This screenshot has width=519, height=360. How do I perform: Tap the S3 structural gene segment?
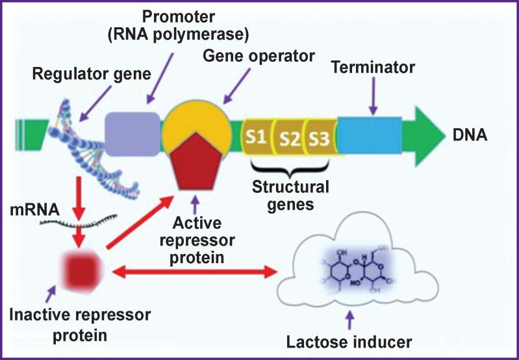(x=320, y=138)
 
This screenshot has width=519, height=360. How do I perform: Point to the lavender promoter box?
(x=133, y=133)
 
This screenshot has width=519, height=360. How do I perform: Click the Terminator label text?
(x=372, y=67)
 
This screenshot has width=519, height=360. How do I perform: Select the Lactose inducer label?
(x=351, y=341)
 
